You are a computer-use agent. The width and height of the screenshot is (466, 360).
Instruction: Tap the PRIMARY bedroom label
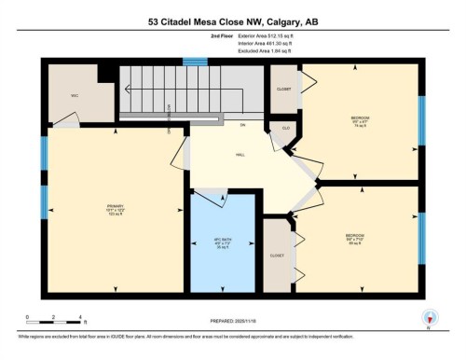click(x=116, y=209)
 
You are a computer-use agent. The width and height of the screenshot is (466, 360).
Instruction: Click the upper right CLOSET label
click(x=283, y=90)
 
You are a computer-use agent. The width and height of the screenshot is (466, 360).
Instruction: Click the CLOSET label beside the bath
click(x=277, y=254)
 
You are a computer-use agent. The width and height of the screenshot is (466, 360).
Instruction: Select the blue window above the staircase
click(x=195, y=62)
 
